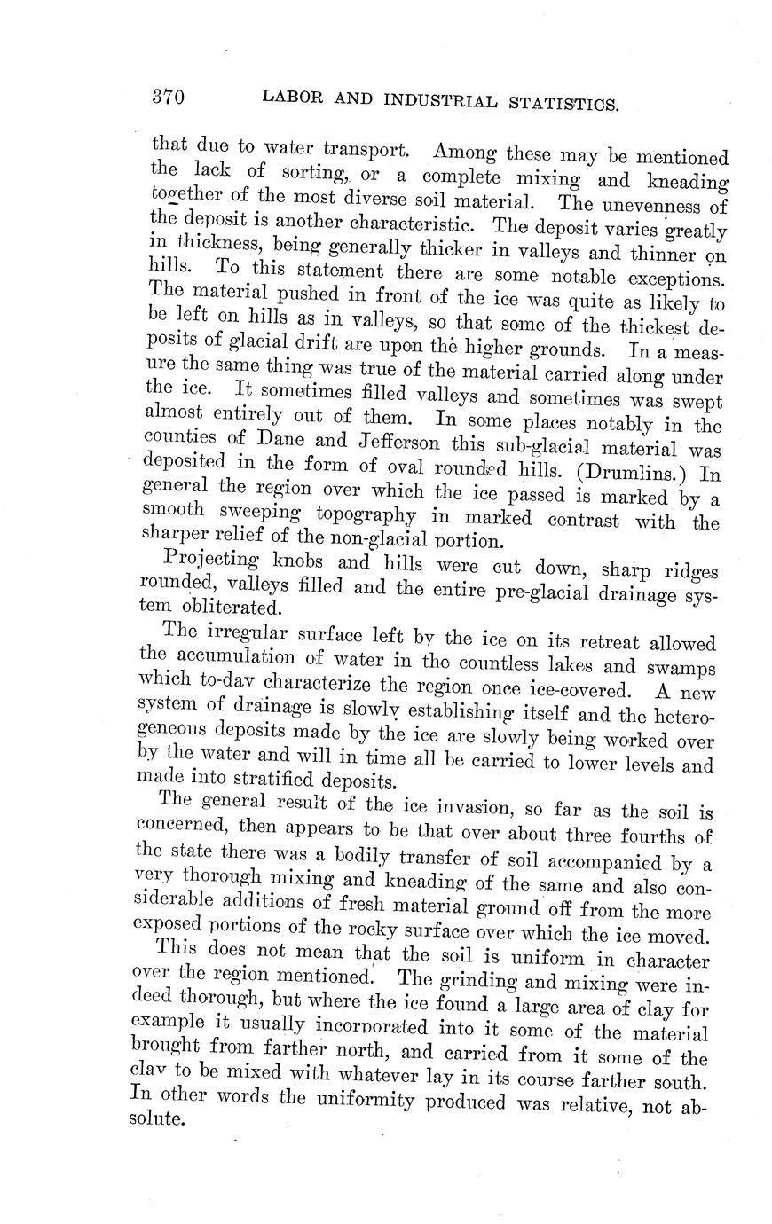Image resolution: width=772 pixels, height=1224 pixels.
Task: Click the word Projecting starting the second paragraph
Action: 207,561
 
